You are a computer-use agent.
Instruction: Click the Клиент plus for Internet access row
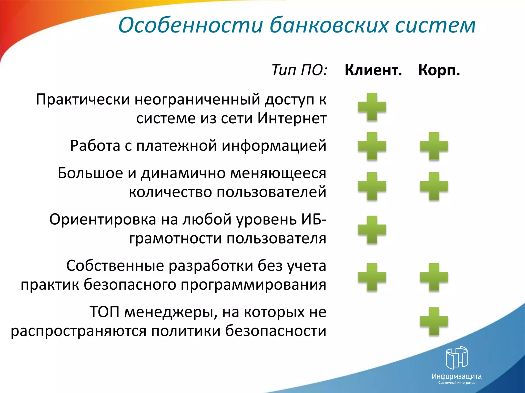click(372, 107)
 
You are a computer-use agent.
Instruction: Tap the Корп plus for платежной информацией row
click(434, 146)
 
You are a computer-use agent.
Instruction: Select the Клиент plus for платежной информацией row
click(372, 146)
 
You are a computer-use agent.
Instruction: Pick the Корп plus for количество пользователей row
click(434, 186)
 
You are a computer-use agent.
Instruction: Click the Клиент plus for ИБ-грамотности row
click(372, 230)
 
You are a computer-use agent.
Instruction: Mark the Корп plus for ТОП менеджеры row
click(434, 321)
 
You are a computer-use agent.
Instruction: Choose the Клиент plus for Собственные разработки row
click(372, 277)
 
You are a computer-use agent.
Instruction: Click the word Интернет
click(292, 118)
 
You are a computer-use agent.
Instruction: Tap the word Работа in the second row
click(95, 146)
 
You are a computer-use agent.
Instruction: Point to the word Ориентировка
click(103, 220)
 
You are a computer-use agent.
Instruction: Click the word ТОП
click(104, 312)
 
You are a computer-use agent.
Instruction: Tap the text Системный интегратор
click(457, 383)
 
